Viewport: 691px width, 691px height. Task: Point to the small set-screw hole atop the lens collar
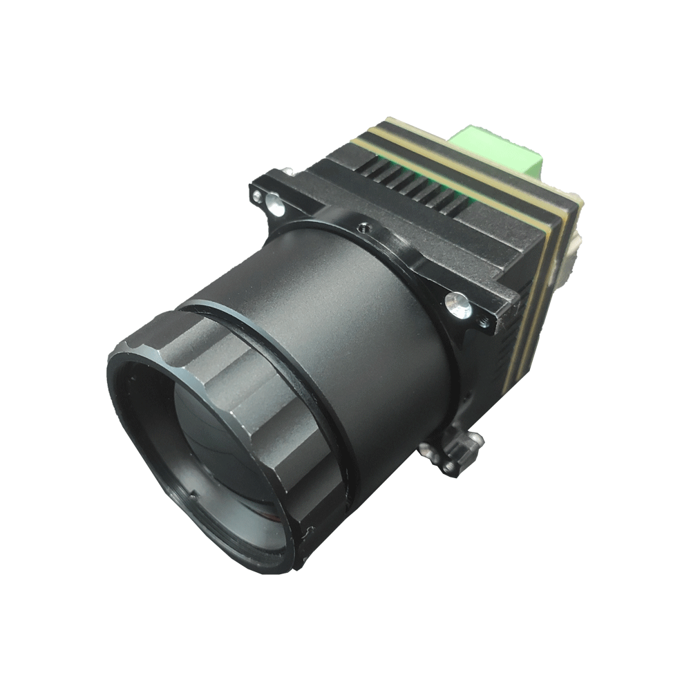(361, 225)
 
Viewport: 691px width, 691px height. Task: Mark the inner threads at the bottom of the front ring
(228, 532)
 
